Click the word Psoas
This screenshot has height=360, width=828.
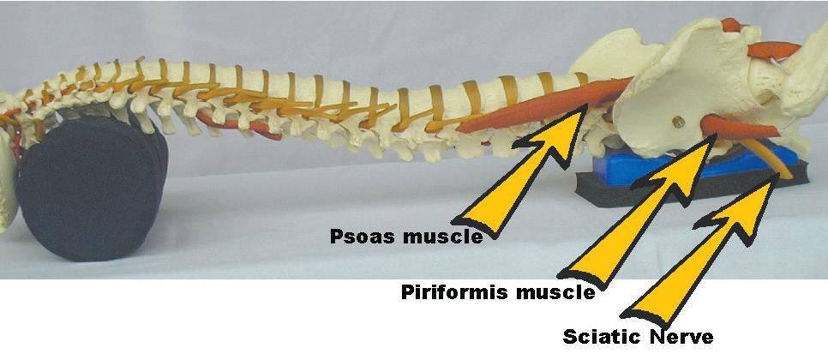[x=361, y=237]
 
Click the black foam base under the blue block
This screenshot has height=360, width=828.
[x=600, y=183]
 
